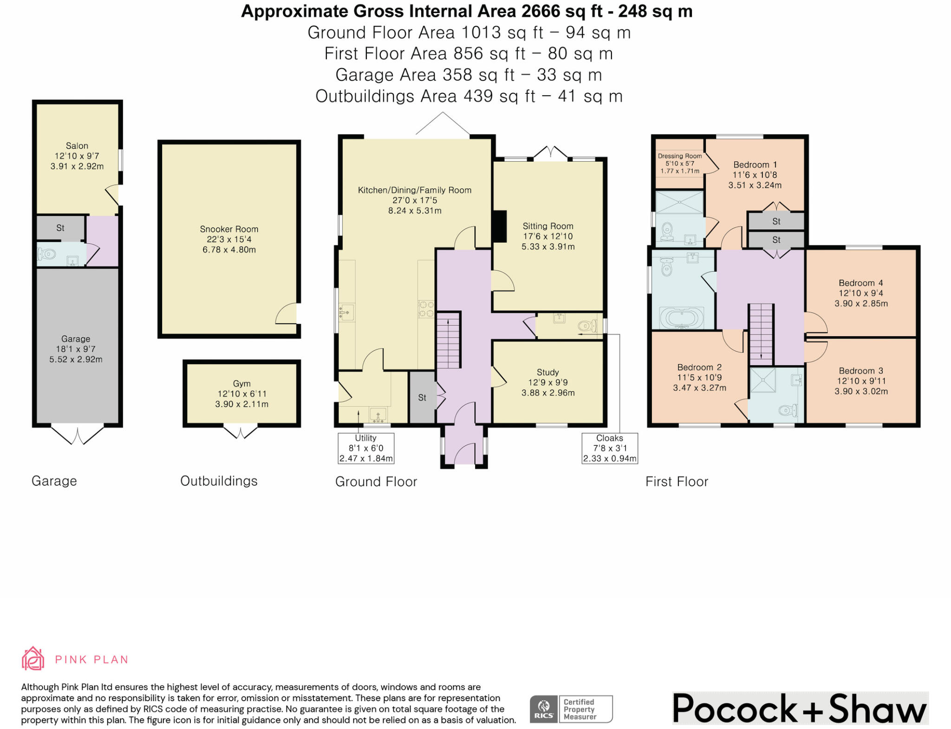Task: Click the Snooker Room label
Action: [229, 229]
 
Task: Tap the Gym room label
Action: [241, 384]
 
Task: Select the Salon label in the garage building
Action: [77, 146]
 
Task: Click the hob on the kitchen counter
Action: [426, 309]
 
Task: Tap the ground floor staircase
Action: [449, 340]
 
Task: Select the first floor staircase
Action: [761, 334]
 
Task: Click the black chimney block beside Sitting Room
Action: [499, 227]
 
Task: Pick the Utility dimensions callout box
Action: [366, 448]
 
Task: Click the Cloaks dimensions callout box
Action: [610, 448]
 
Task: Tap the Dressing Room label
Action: [680, 156]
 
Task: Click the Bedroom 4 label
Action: [861, 283]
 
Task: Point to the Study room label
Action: [547, 372]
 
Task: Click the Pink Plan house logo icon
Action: [33, 658]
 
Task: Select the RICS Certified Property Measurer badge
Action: [571, 709]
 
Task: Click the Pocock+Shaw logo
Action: [800, 708]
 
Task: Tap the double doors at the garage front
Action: [77, 434]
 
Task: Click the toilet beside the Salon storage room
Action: [46, 254]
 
